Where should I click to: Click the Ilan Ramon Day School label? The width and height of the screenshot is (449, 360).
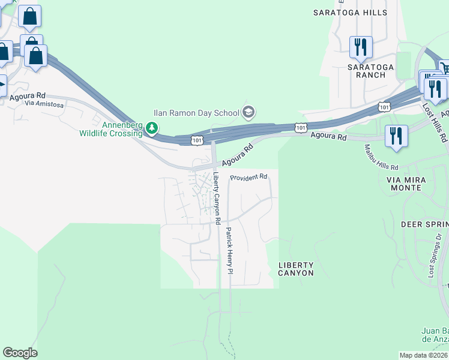(x=194, y=112)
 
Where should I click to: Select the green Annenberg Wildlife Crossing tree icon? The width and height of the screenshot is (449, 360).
(x=153, y=128)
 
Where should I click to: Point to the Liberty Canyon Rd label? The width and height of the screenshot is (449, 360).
(x=215, y=197)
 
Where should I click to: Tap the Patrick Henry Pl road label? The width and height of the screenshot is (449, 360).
(x=229, y=251)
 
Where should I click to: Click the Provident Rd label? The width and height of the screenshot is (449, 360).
(x=249, y=178)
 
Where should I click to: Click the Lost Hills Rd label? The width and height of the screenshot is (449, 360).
(x=435, y=122)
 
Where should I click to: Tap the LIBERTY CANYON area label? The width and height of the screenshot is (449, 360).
(x=296, y=269)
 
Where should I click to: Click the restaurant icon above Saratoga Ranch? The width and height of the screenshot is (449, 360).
(x=361, y=47)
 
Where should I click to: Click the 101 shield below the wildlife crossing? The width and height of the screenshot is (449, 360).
(x=196, y=140)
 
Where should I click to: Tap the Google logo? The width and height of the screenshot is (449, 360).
(x=20, y=353)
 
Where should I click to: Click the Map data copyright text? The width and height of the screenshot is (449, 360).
(x=423, y=355)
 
